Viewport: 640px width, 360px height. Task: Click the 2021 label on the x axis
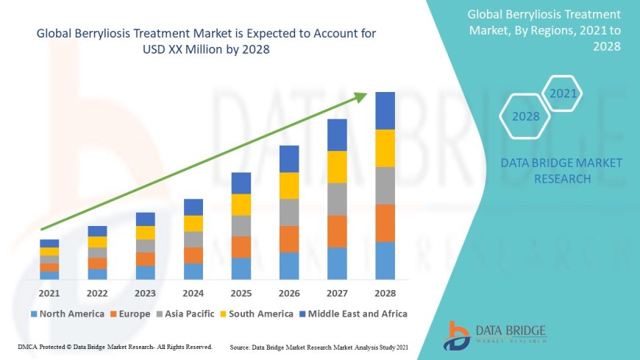click(x=49, y=293)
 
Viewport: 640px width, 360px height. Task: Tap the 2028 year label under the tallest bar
click(x=385, y=293)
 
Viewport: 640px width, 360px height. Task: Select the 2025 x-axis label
click(x=241, y=293)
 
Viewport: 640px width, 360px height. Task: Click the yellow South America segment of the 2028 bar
click(x=385, y=148)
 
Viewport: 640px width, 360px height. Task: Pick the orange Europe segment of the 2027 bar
click(x=337, y=231)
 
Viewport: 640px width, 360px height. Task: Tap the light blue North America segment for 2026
click(x=289, y=266)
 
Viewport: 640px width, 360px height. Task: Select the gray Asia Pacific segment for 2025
click(x=241, y=225)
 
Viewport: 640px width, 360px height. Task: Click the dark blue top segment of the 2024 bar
click(x=193, y=207)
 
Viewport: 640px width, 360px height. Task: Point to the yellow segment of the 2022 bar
click(x=97, y=241)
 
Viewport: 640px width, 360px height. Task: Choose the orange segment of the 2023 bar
click(x=146, y=258)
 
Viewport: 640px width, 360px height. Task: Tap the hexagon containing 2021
click(x=563, y=93)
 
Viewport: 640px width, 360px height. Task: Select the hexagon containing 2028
click(x=525, y=116)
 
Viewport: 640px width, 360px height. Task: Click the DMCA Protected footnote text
click(x=114, y=346)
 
